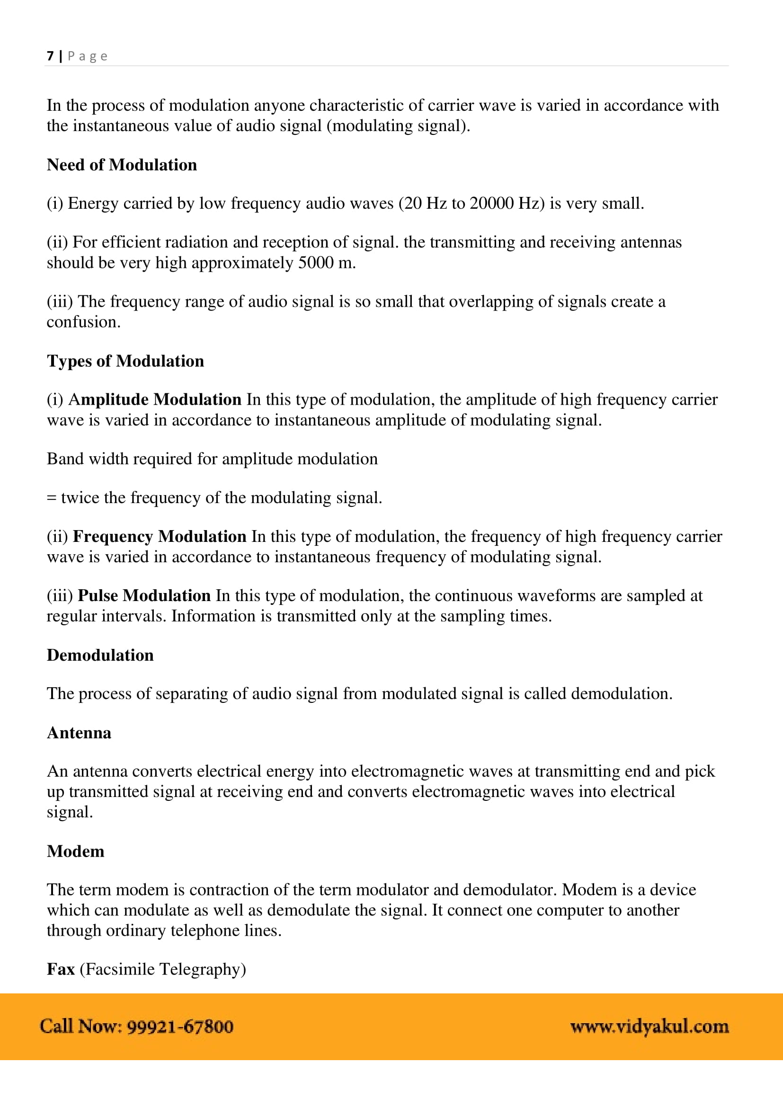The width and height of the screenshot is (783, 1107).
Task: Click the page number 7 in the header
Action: click(50, 56)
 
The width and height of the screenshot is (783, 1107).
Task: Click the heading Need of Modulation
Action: click(122, 165)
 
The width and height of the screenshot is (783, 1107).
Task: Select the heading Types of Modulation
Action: click(125, 361)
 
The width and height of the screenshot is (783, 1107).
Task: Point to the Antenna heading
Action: click(79, 733)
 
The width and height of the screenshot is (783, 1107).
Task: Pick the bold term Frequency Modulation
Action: click(160, 536)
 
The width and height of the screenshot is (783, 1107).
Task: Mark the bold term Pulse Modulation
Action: click(144, 595)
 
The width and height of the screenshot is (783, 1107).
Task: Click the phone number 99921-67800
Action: click(180, 1026)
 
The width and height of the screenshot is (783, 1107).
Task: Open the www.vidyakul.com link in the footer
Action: click(649, 1026)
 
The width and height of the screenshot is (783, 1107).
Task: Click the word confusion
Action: click(83, 322)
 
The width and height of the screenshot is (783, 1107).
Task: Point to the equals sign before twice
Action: click(52, 497)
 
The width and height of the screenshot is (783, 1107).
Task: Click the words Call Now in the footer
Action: click(80, 1026)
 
